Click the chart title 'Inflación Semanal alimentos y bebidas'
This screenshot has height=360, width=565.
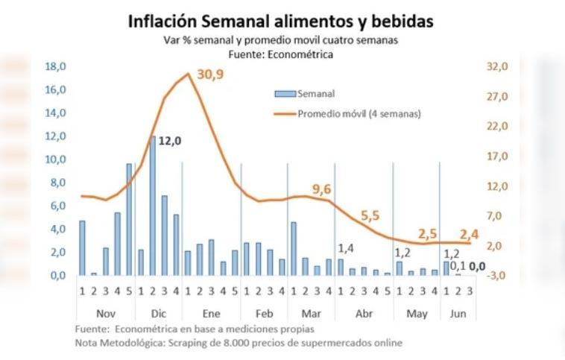(280, 21)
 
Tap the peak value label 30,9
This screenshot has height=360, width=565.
(210, 75)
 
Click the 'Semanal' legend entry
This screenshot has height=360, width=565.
(315, 94)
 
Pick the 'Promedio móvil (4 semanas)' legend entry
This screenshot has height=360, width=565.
(359, 114)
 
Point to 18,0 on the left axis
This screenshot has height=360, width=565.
(56, 66)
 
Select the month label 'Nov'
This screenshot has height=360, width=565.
(106, 313)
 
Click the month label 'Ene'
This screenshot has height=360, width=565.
(212, 313)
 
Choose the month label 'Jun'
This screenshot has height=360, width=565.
(458, 313)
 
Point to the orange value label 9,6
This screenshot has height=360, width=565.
(321, 189)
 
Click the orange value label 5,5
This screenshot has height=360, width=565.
(370, 216)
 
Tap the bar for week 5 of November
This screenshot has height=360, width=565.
(129, 220)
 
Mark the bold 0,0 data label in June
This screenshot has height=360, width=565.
(477, 266)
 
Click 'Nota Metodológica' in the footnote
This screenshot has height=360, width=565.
(115, 343)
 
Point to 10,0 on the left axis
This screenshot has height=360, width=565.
(56, 160)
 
